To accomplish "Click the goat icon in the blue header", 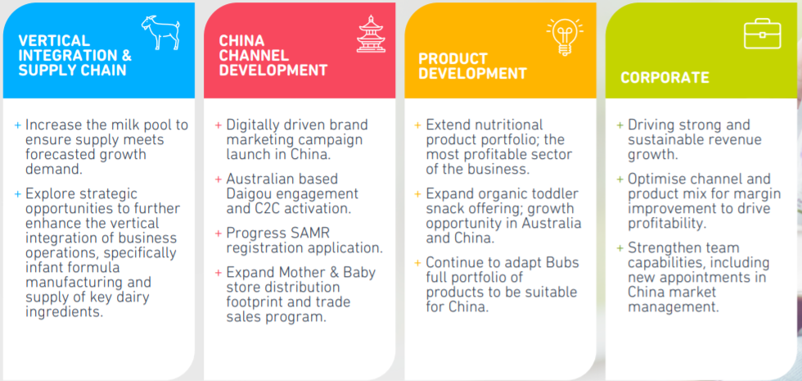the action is pyautogui.click(x=160, y=32).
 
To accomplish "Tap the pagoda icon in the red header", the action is pyautogui.click(x=371, y=34).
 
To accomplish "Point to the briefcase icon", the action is pyautogui.click(x=762, y=34).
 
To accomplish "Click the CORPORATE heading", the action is pyautogui.click(x=665, y=78).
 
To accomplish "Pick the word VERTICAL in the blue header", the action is pyautogui.click(x=54, y=40).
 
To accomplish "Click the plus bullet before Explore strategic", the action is pyautogui.click(x=18, y=195).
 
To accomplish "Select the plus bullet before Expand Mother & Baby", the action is pyautogui.click(x=219, y=272).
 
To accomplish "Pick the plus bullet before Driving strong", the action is pyautogui.click(x=620, y=125).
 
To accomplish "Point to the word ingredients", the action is pyautogui.click(x=65, y=312).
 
